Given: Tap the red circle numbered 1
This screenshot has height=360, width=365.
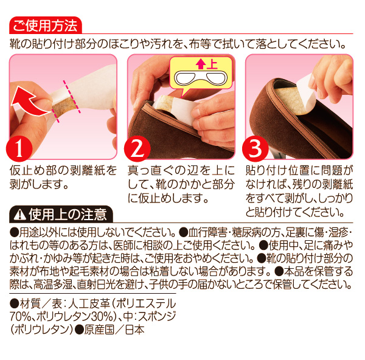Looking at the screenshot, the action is [19, 148].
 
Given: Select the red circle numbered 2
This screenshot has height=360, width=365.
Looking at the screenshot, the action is [137, 148].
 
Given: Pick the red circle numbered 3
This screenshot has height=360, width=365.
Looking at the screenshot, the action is [255, 148].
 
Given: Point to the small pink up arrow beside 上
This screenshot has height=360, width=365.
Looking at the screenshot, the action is [200, 64].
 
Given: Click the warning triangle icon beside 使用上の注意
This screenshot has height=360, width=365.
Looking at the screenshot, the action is [20, 214].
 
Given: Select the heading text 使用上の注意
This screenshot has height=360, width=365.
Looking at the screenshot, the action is [68, 215].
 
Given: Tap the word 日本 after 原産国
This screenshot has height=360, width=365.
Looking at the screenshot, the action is [135, 329].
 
